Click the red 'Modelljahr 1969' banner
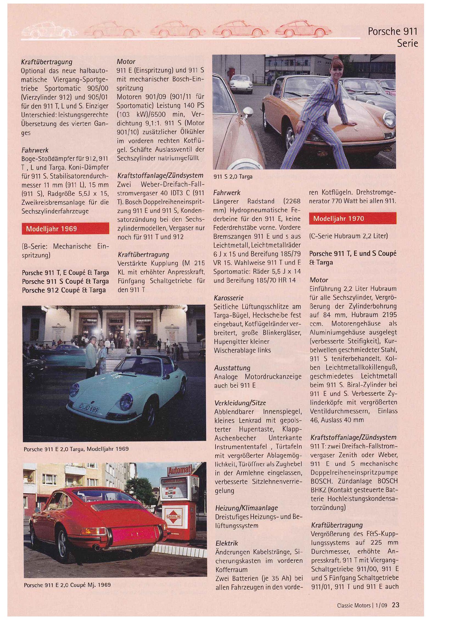click(65, 228)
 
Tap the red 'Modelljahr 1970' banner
click(352, 218)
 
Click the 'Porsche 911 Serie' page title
click(393, 37)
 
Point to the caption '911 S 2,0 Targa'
click(233, 177)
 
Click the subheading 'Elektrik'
click(227, 543)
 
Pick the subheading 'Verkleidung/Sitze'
click(240, 403)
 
